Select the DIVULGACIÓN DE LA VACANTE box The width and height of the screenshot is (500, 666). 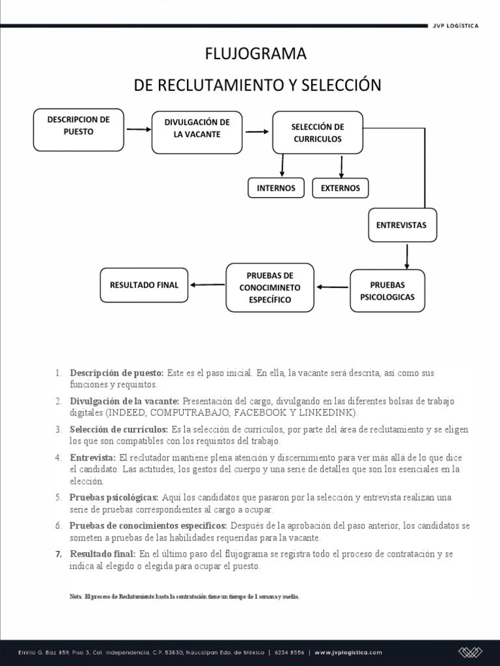(x=197, y=132)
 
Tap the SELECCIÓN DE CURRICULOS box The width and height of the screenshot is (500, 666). (x=317, y=133)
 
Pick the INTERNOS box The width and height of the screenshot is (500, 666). (x=276, y=188)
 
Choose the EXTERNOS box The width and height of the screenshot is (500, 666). (x=340, y=188)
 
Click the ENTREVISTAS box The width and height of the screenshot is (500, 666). (x=401, y=224)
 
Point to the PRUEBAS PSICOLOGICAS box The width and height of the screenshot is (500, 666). (x=387, y=291)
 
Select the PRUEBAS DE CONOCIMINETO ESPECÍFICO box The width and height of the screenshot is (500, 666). (x=270, y=287)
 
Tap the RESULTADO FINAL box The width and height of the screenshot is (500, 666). (x=144, y=285)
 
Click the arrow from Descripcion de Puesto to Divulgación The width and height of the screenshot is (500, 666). (x=138, y=129)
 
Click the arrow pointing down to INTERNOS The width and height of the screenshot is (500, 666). (x=282, y=165)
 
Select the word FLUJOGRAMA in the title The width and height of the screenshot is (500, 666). (x=255, y=55)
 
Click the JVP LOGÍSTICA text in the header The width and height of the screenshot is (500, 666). (x=456, y=26)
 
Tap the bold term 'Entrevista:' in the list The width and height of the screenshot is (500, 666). (x=92, y=458)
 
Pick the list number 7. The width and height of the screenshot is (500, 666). (x=58, y=554)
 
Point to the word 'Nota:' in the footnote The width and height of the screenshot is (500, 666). (x=76, y=596)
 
